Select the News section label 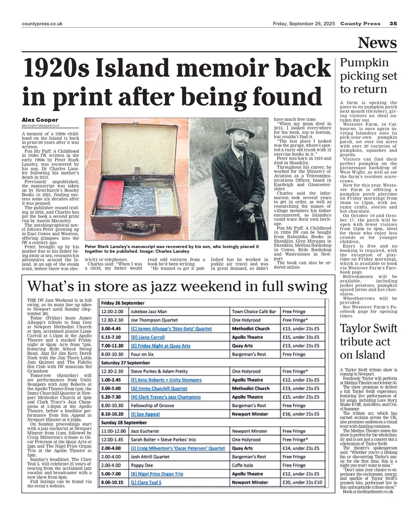[377, 43]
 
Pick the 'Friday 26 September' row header [123, 303]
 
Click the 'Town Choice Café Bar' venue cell [254, 312]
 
